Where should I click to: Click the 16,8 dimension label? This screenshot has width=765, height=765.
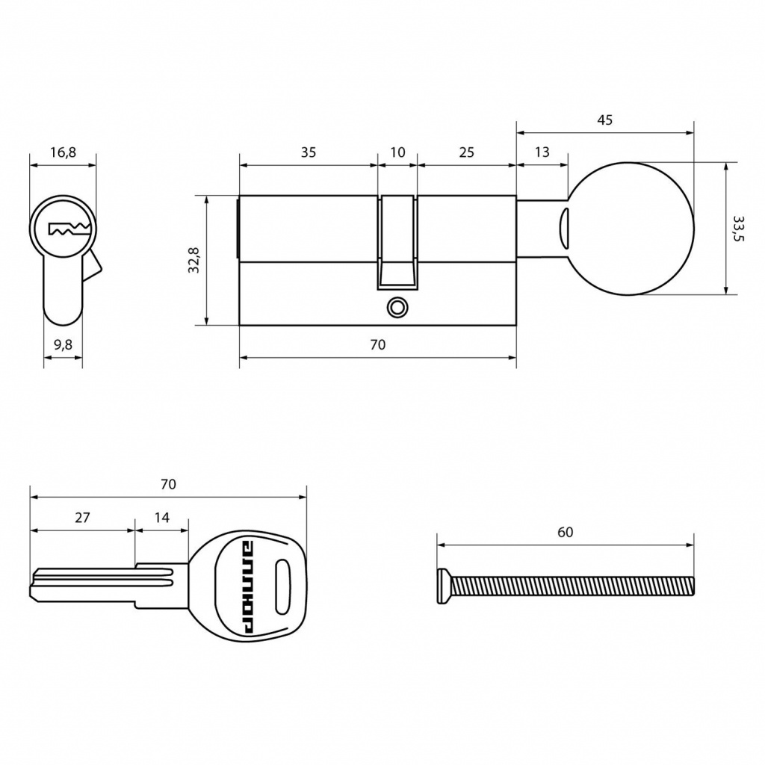63,152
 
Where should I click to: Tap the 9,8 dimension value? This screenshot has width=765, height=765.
63,345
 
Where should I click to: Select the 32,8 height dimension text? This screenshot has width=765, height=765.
193,259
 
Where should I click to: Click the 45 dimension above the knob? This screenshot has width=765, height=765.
604,120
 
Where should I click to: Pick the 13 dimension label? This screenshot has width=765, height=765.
542,152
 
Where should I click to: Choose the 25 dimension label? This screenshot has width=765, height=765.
466,152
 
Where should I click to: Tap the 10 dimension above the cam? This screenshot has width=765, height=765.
397,152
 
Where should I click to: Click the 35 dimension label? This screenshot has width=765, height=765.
309,152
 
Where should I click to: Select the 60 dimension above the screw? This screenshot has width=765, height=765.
565,532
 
